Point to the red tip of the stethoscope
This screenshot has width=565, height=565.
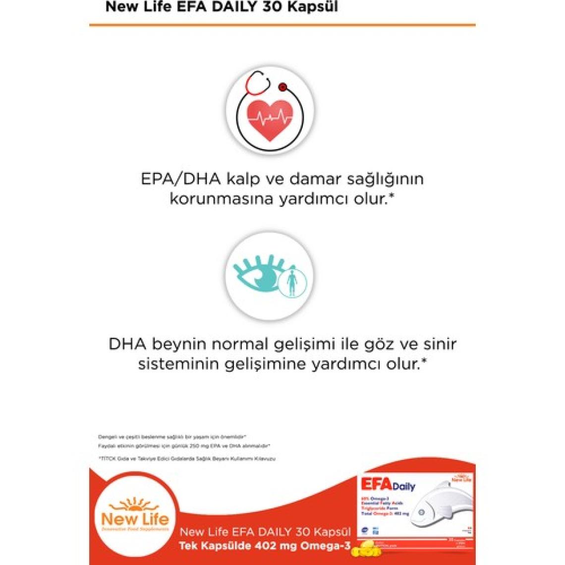coord(282,87)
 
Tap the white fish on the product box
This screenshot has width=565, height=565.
coord(441,510)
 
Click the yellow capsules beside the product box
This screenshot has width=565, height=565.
coord(364,548)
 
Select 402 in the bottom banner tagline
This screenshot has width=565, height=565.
coord(265,546)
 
